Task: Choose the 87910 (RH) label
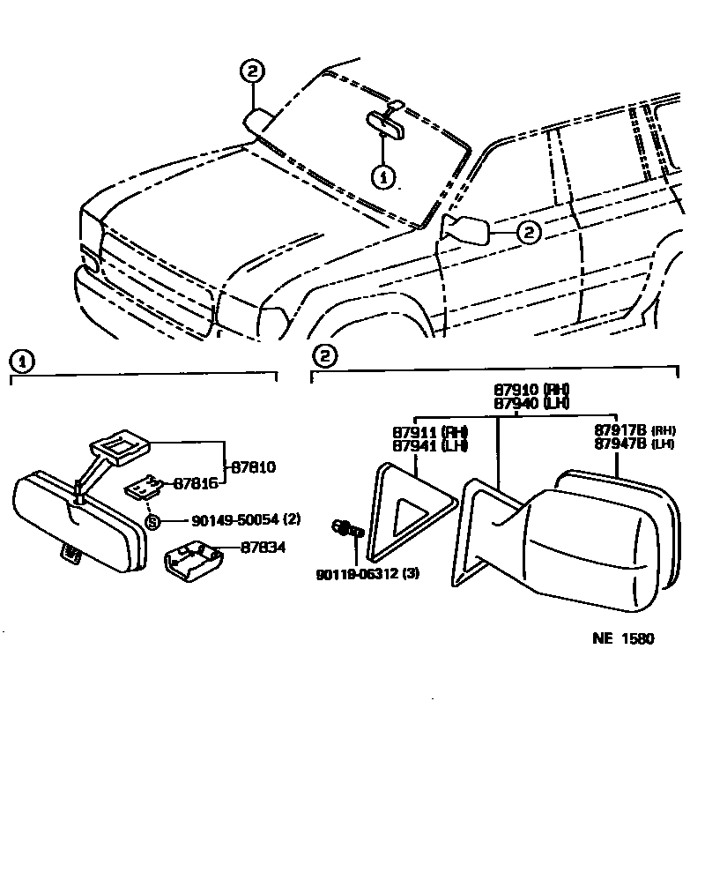(x=531, y=389)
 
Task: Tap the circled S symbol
(x=152, y=521)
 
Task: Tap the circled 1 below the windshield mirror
(x=382, y=176)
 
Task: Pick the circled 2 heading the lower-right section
(x=324, y=357)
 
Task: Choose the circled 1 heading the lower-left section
(x=21, y=361)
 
